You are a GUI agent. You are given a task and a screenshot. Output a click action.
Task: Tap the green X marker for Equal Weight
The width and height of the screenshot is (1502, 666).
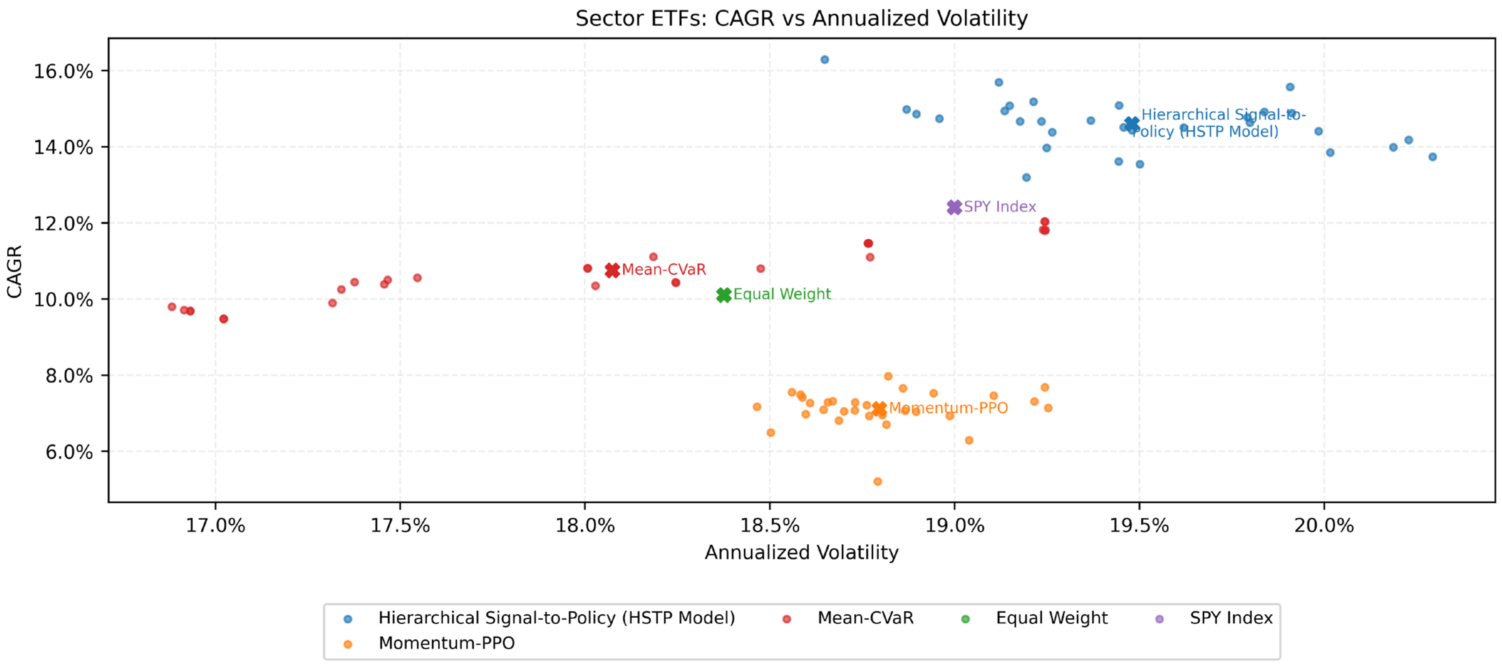click(x=724, y=295)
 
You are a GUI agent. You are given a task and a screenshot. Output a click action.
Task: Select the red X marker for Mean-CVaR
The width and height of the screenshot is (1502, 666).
click(x=612, y=270)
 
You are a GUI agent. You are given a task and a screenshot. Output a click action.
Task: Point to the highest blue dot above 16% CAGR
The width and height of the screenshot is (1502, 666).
click(x=824, y=59)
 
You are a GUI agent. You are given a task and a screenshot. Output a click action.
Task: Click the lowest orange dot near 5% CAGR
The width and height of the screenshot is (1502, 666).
click(x=878, y=482)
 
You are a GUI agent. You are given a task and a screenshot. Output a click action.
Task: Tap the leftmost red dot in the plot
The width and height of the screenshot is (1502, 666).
click(x=171, y=307)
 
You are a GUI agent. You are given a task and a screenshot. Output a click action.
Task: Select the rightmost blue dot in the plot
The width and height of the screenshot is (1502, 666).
click(x=1433, y=157)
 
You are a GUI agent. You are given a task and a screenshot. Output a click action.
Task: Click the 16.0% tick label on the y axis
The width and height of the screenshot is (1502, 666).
click(x=63, y=72)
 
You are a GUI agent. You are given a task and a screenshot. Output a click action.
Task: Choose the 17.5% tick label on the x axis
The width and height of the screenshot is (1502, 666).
click(x=400, y=526)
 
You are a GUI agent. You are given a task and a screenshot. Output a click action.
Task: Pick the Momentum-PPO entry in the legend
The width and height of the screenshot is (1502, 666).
click(x=446, y=643)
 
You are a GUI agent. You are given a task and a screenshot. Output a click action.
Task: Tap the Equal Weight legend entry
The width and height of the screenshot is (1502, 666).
click(x=1051, y=618)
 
